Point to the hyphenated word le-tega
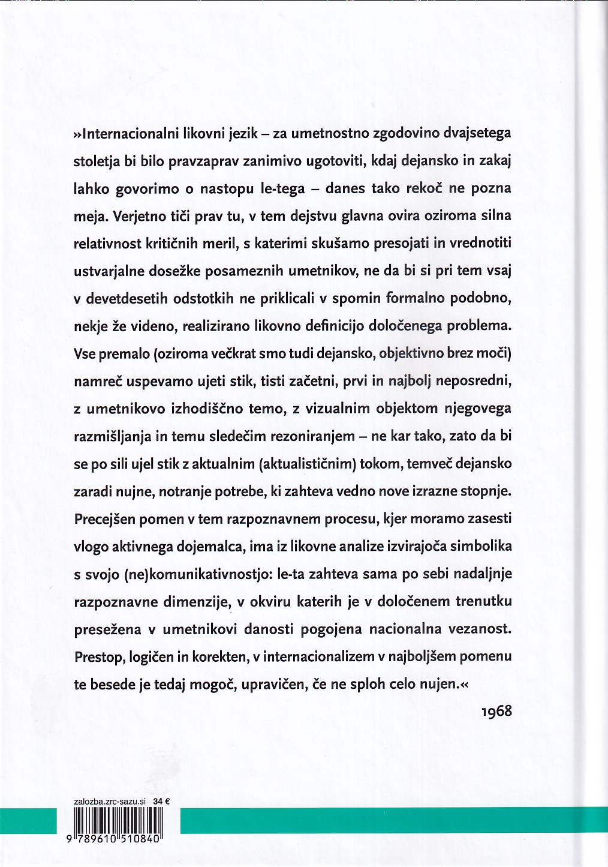[281, 188]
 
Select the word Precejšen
[106, 518]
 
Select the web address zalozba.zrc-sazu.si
[109, 801]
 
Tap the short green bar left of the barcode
[28, 821]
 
